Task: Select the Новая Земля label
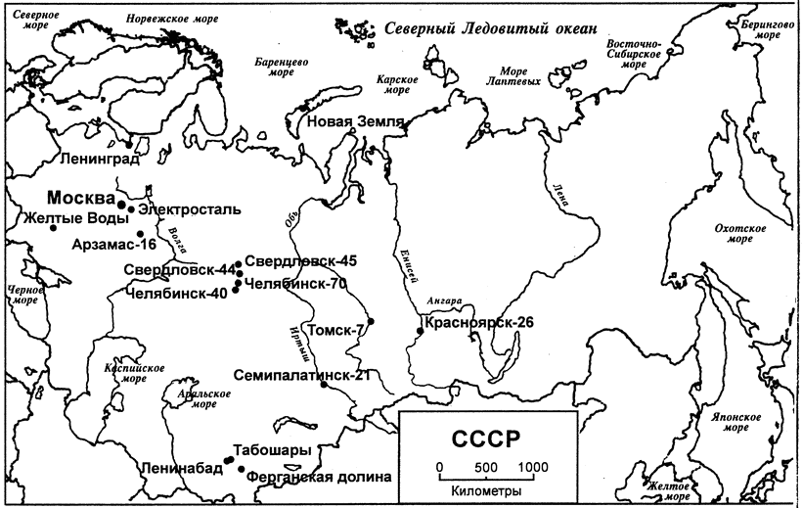[355, 122]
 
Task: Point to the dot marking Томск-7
[370, 322]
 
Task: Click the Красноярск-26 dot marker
[420, 331]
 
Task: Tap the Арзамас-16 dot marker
[141, 234]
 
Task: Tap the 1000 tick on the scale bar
[534, 466]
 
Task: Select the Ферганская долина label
[319, 478]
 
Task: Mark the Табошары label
[274, 451]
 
